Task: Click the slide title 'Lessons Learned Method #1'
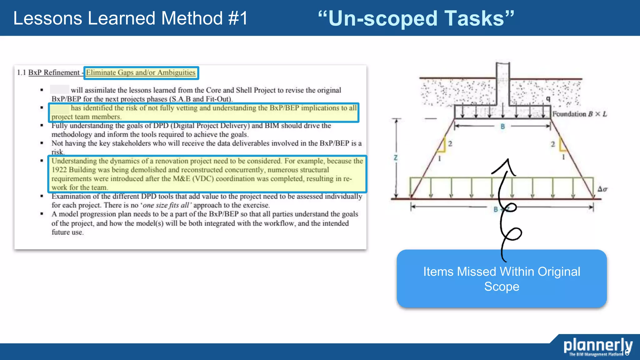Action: click(130, 18)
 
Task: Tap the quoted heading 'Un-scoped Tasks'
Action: click(416, 18)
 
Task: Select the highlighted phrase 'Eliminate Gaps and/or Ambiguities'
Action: click(141, 73)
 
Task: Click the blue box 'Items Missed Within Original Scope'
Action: click(502, 279)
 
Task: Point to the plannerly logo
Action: click(597, 347)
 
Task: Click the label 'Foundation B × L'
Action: click(579, 114)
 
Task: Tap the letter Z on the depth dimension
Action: click(396, 157)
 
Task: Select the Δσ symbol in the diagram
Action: click(602, 189)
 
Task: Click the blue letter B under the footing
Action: click(502, 127)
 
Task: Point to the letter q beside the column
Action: click(548, 99)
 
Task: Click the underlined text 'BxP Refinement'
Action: click(54, 73)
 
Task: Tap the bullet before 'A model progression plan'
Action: click(42, 214)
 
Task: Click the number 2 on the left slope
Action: click(450, 144)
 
